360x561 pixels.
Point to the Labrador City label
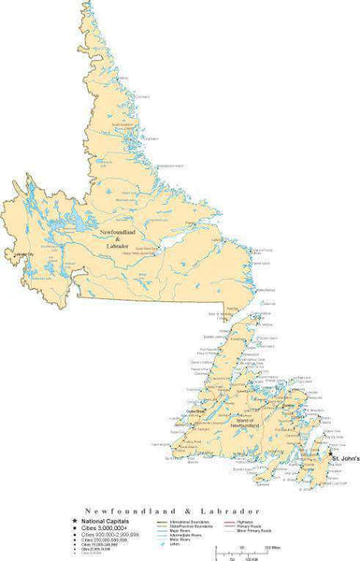(18, 255)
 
